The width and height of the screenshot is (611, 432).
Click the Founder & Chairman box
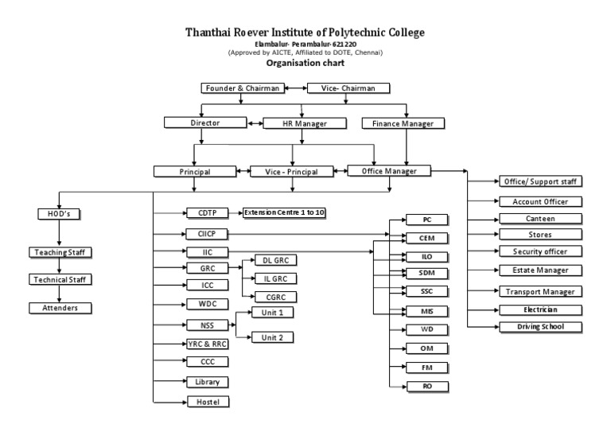(242, 88)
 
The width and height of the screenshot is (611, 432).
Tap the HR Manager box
(305, 123)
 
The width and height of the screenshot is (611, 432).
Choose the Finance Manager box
(403, 123)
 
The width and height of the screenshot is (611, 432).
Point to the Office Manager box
(389, 170)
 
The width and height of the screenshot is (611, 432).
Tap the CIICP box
(203, 233)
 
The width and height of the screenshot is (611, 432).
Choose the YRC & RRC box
(203, 344)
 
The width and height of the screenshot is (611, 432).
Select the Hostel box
(203, 401)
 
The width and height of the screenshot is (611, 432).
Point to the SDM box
(426, 273)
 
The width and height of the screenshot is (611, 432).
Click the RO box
(426, 386)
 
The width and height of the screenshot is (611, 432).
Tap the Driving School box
(535, 326)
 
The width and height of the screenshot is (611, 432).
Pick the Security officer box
(535, 251)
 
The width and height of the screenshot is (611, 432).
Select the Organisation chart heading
(305, 66)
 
